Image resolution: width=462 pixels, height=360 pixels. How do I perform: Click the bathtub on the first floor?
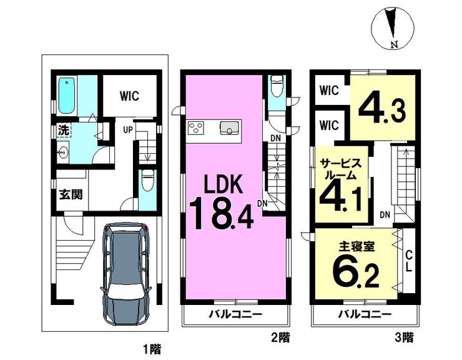coord(67,95)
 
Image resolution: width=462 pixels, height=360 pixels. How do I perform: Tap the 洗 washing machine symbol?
coord(64,130)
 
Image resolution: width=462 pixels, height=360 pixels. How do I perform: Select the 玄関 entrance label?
coord(71,195)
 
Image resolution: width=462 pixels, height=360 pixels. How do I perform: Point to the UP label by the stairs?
coord(128,129)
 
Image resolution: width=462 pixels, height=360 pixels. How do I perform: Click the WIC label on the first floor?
coord(129,96)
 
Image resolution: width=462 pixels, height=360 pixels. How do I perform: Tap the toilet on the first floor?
coord(147,180)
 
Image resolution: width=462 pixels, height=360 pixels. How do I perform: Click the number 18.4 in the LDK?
coord(222,213)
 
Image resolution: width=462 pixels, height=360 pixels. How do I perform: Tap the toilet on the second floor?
coord(277,86)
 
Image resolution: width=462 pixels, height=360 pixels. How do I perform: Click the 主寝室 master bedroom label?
coord(356,247)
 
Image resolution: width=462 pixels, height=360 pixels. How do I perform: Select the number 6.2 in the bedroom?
coord(356,271)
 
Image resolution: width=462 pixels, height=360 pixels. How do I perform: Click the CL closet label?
coord(408,261)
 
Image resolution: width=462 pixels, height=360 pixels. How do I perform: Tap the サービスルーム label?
coord(340,169)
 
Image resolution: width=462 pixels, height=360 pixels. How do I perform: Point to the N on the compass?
coord(394,44)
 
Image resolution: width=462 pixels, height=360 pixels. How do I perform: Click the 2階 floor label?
coord(280,337)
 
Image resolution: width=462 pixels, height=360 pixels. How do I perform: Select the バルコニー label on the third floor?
coord(365,314)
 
